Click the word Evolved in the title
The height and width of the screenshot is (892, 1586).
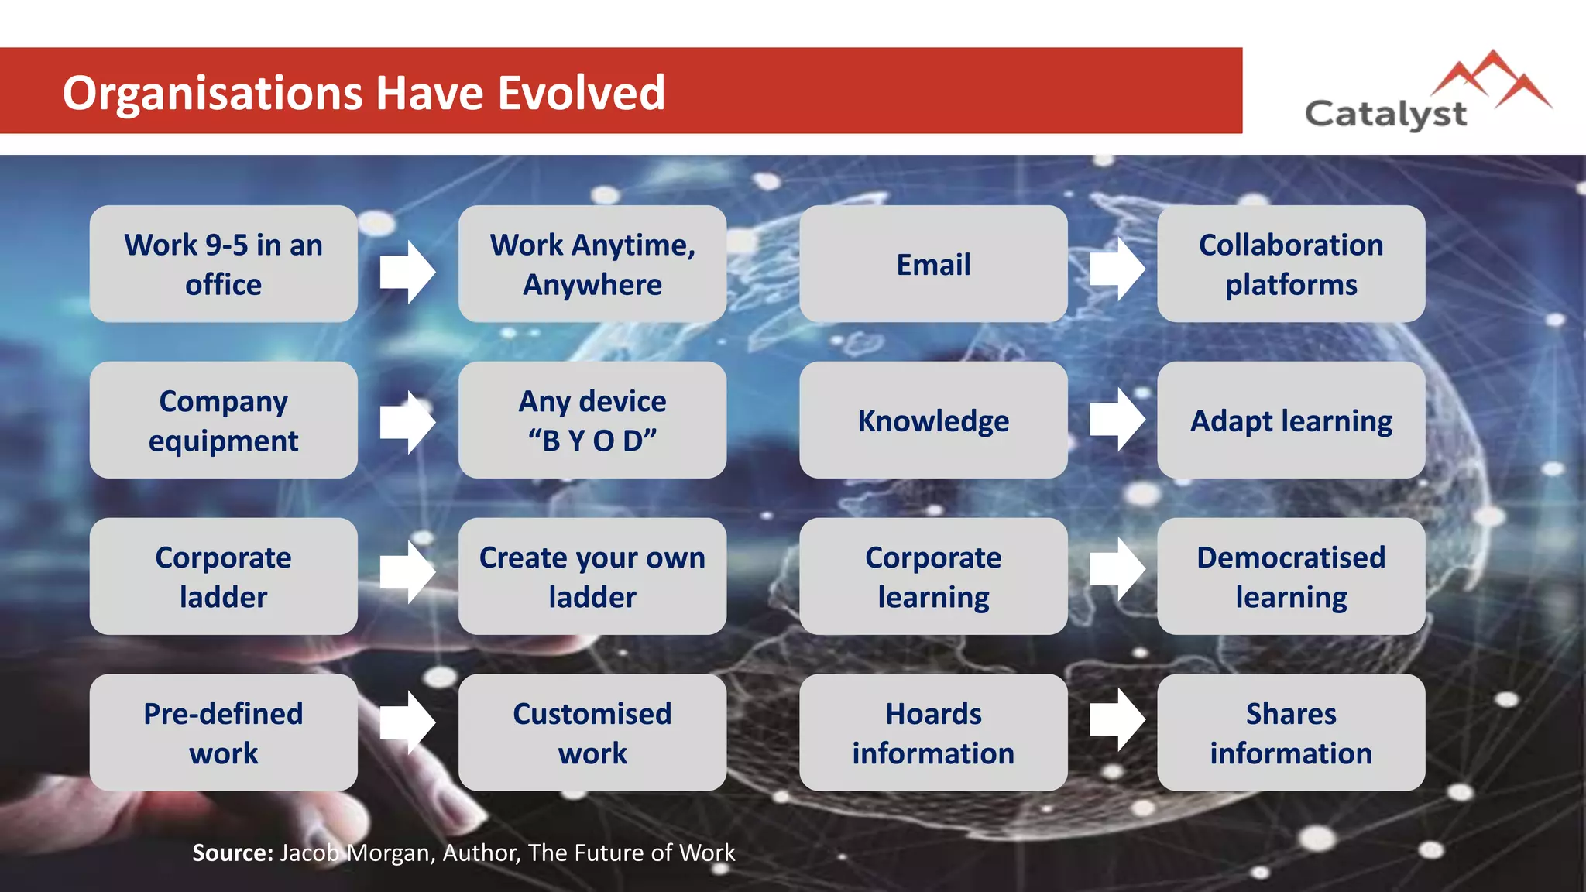click(x=580, y=93)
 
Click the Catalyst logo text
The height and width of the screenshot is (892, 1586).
click(x=1385, y=115)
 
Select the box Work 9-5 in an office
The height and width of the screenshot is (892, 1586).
click(x=223, y=264)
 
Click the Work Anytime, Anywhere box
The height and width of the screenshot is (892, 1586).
click(x=592, y=264)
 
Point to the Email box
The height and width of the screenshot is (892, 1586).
click(x=933, y=264)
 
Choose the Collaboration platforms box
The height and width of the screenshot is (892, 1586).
click(x=1291, y=264)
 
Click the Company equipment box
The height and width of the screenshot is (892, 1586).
click(x=223, y=420)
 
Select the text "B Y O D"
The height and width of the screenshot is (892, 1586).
click(x=592, y=441)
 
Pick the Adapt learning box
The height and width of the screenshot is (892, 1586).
click(x=1291, y=420)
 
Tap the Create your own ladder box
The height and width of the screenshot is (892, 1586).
click(x=592, y=577)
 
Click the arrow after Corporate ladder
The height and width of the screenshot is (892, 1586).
click(x=407, y=572)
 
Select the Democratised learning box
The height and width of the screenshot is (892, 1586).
click(x=1291, y=577)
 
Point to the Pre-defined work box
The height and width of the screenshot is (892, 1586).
click(x=223, y=732)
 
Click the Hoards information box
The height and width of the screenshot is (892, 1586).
click(x=933, y=732)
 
